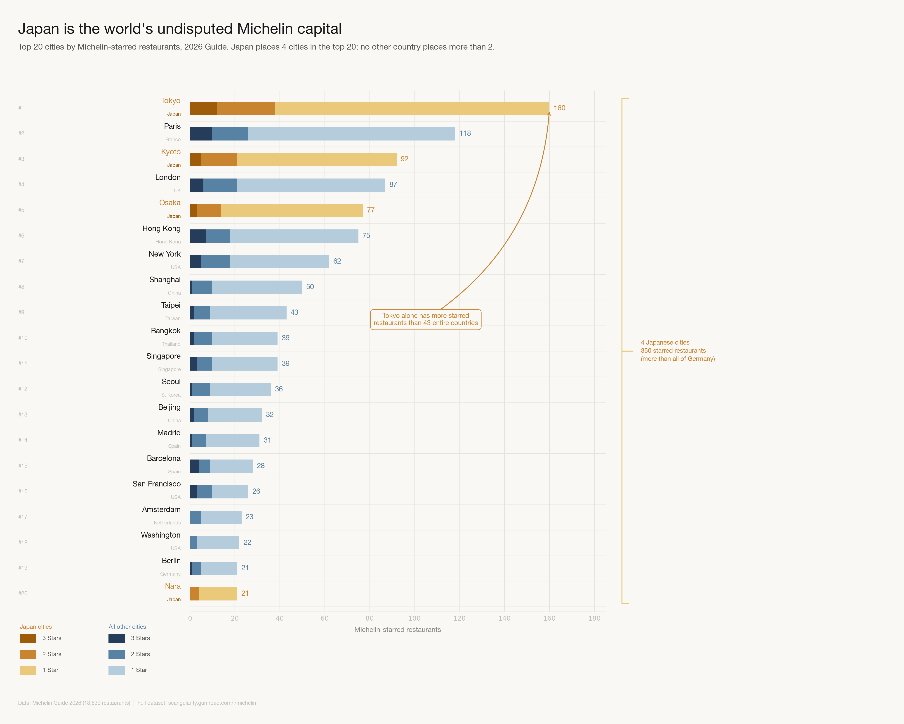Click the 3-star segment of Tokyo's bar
[203, 108]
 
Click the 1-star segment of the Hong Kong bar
[294, 236]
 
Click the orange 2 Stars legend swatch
[28, 654]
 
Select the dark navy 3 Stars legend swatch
[117, 638]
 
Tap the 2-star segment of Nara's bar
[194, 594]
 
